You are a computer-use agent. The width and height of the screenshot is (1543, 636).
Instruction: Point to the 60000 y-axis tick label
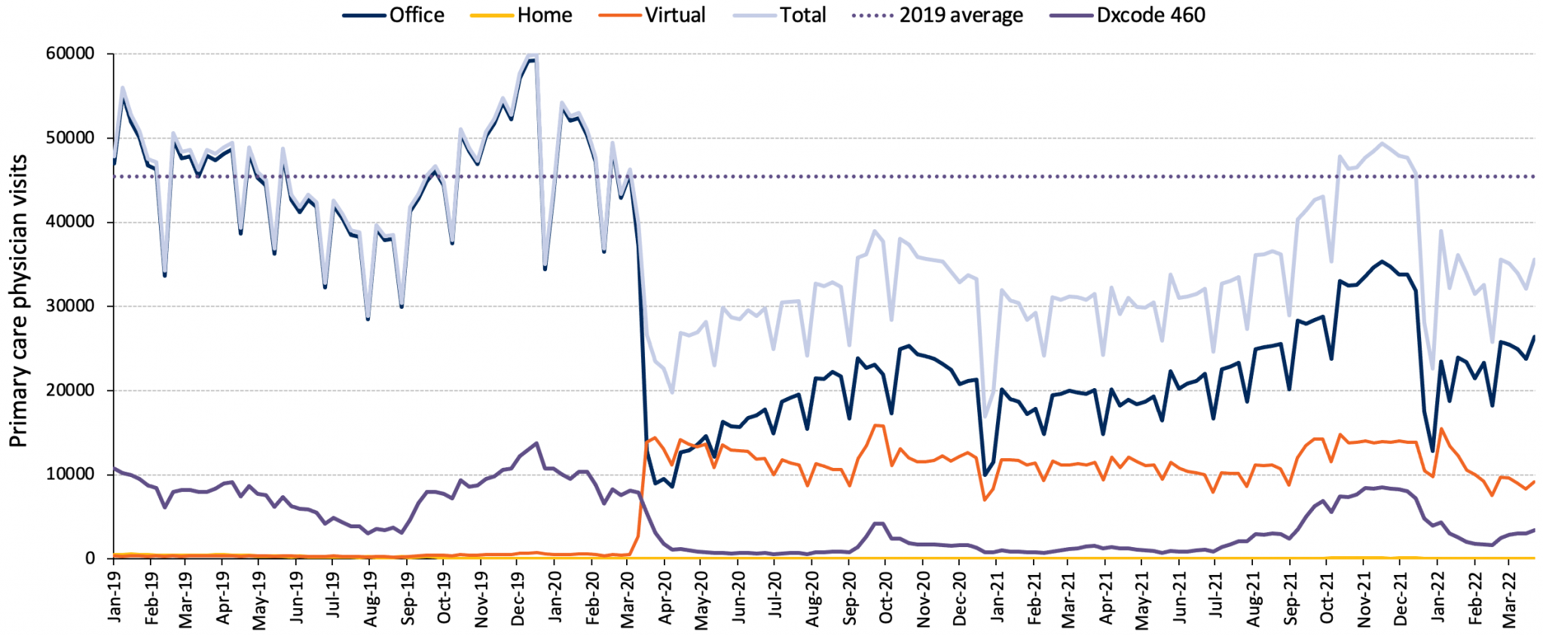[x=69, y=54]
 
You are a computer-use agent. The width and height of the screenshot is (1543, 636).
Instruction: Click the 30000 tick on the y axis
[x=69, y=306]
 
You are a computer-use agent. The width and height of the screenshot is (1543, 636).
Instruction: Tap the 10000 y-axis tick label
[x=69, y=474]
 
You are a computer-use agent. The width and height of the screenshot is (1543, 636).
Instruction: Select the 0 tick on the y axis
[x=90, y=558]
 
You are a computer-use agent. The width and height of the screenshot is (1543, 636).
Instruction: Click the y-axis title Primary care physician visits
[x=18, y=301]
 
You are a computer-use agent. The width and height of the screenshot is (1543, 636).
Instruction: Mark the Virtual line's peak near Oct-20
[x=875, y=425]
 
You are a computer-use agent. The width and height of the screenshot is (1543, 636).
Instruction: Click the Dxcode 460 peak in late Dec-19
[x=536, y=443]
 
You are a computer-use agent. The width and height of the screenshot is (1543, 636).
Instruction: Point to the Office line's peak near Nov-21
[x=1381, y=261]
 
